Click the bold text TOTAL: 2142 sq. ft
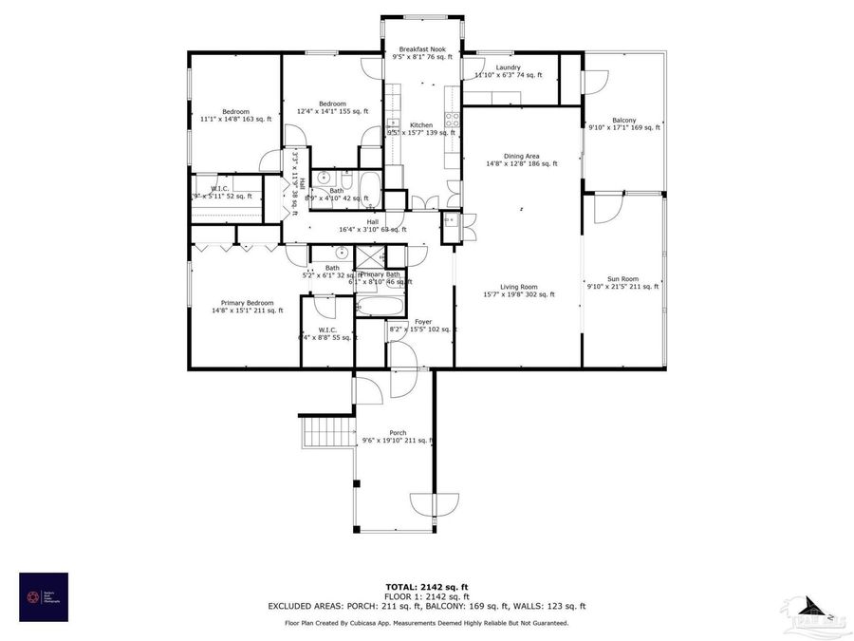(426, 587)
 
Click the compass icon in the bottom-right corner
(814, 608)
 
